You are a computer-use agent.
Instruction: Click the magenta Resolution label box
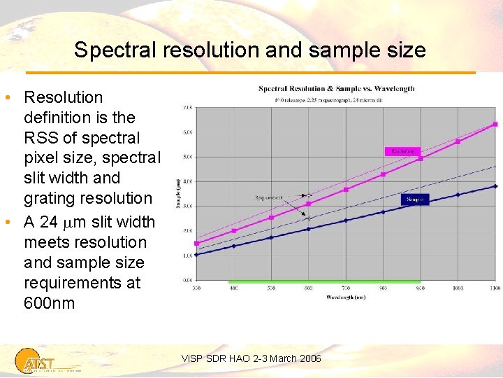point(403,150)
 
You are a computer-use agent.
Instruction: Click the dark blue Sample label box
point(414,199)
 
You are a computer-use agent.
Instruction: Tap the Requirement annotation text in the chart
point(269,198)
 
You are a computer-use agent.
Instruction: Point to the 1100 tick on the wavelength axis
point(495,288)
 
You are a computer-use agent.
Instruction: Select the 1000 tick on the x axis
point(458,288)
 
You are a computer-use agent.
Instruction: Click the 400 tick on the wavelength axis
point(233,288)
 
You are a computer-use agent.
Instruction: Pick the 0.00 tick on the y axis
point(188,280)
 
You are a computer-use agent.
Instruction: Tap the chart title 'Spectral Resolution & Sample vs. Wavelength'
point(336,89)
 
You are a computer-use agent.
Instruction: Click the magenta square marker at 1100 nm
point(495,124)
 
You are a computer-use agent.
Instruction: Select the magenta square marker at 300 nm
point(196,244)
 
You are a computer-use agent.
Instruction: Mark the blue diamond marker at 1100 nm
point(495,186)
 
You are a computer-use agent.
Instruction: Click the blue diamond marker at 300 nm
point(196,255)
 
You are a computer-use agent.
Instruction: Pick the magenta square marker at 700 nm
point(346,190)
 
